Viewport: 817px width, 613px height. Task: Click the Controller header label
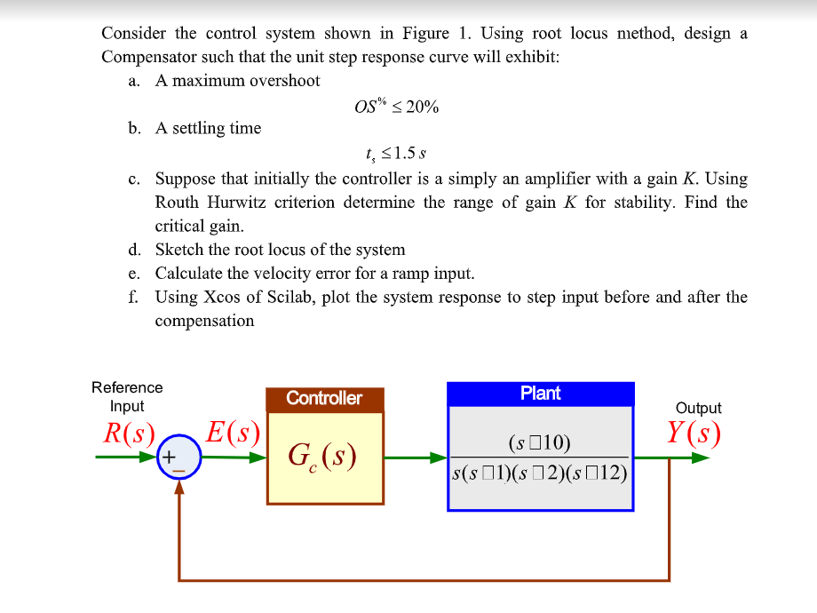[x=324, y=398]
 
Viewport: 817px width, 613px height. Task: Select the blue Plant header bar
[x=540, y=394]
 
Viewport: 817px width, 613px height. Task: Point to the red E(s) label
[x=233, y=434]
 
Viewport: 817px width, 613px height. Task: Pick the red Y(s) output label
[x=694, y=433]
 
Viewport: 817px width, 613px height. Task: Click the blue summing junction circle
[x=178, y=458]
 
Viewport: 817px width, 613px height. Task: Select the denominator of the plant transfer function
[x=540, y=472]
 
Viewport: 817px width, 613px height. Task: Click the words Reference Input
[x=127, y=396]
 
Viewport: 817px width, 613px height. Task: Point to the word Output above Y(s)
[x=698, y=408]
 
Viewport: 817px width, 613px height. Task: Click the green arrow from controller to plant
[x=416, y=458]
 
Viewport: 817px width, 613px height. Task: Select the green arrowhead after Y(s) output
[x=702, y=458]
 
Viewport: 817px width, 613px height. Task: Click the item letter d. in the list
[x=134, y=250]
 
